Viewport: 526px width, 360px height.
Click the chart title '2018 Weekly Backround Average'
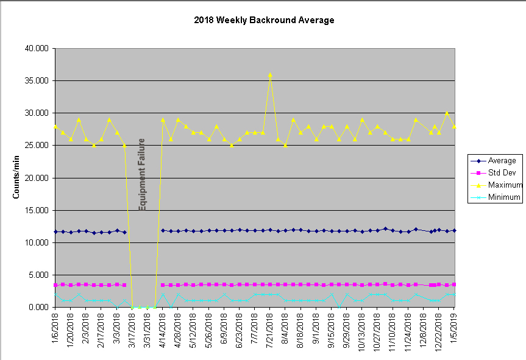click(264, 20)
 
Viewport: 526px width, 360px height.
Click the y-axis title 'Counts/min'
click(17, 177)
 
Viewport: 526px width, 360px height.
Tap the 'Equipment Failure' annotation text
click(142, 175)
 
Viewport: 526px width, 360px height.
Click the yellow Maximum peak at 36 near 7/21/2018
click(270, 75)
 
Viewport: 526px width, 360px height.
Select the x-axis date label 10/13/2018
click(363, 332)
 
